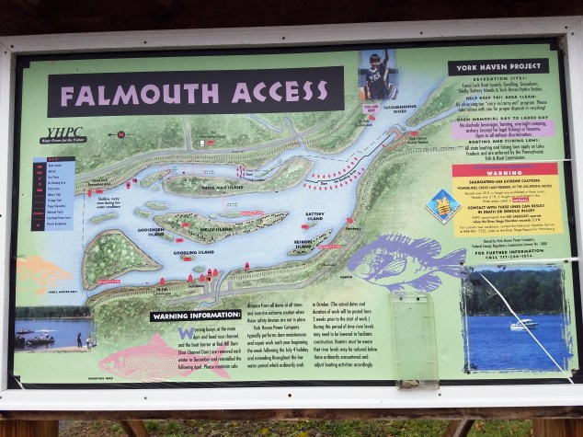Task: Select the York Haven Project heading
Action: point(497,68)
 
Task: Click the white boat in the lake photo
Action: point(523,324)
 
